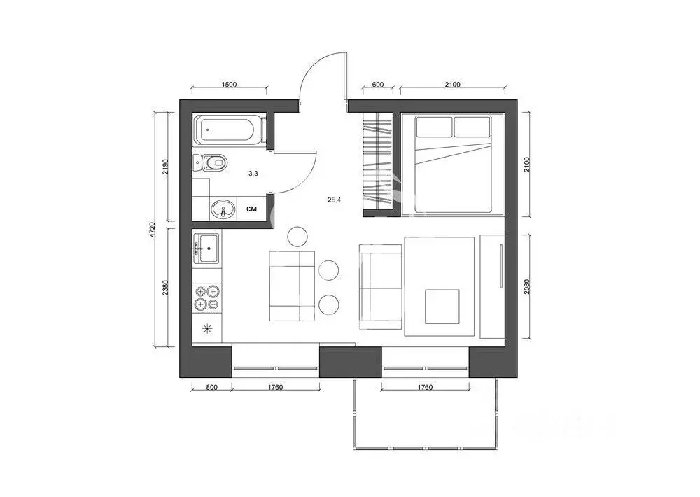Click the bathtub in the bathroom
230,130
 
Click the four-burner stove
207,297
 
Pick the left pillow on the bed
433,127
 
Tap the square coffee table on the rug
442,305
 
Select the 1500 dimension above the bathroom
229,85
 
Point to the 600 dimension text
378,85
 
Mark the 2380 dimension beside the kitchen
166,288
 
